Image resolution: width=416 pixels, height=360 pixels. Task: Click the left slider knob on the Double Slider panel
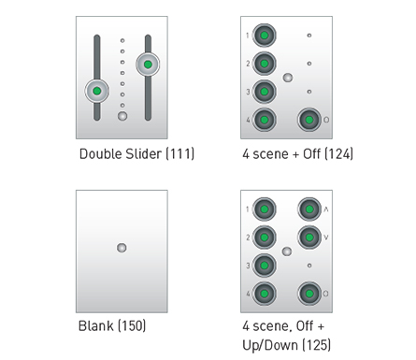97,91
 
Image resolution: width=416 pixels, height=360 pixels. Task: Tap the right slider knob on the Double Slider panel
148,65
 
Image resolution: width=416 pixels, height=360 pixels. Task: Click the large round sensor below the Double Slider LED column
122,116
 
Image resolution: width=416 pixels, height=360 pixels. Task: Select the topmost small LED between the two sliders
122,40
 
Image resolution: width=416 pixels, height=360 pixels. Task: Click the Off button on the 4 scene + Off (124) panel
309,120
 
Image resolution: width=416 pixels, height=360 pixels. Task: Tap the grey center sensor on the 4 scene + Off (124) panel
288,78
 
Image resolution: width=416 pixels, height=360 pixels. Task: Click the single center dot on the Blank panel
122,248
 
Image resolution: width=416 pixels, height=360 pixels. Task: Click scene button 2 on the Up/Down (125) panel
265,238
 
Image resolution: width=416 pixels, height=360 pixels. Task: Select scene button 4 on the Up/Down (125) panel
265,294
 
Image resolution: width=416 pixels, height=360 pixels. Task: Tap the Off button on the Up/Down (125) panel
309,294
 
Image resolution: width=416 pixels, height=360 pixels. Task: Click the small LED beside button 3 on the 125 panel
309,266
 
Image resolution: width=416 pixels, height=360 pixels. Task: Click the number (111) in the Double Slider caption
180,154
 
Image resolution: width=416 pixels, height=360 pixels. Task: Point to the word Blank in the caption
96,326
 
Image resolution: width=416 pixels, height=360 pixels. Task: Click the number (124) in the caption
339,154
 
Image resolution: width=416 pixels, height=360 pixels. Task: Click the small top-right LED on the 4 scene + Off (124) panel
309,36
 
